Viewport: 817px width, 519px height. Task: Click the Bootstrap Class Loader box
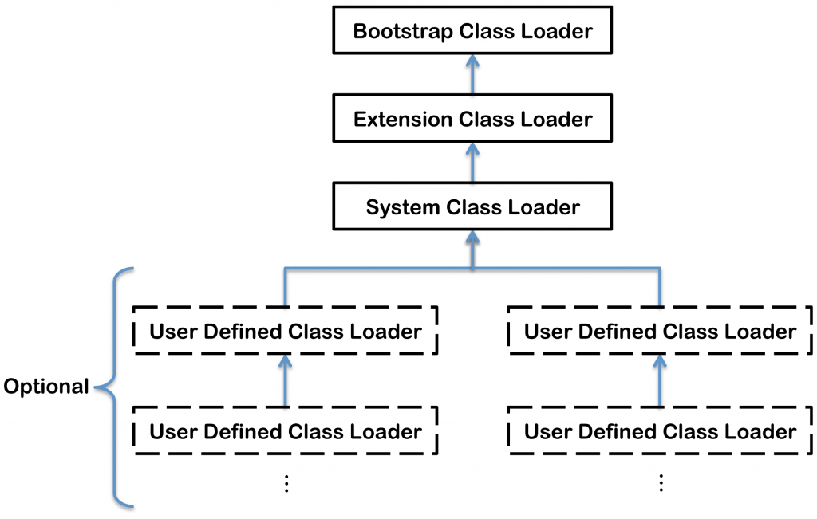click(x=472, y=32)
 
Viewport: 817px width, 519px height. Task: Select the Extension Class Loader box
click(x=472, y=120)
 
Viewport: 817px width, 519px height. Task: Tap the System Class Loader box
click(x=472, y=208)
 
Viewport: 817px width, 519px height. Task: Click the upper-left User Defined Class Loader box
click(x=285, y=331)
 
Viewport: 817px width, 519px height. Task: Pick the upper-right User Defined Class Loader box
click(x=660, y=331)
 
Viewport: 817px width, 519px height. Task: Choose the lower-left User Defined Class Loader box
click(x=285, y=431)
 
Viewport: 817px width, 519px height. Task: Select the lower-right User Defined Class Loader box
click(x=660, y=431)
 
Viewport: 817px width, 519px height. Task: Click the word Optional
click(x=46, y=387)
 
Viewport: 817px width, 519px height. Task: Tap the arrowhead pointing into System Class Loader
click(x=472, y=238)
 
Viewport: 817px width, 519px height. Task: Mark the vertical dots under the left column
click(x=285, y=483)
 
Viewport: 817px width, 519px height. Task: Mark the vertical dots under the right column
click(x=660, y=483)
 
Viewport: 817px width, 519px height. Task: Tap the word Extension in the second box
click(x=402, y=120)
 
